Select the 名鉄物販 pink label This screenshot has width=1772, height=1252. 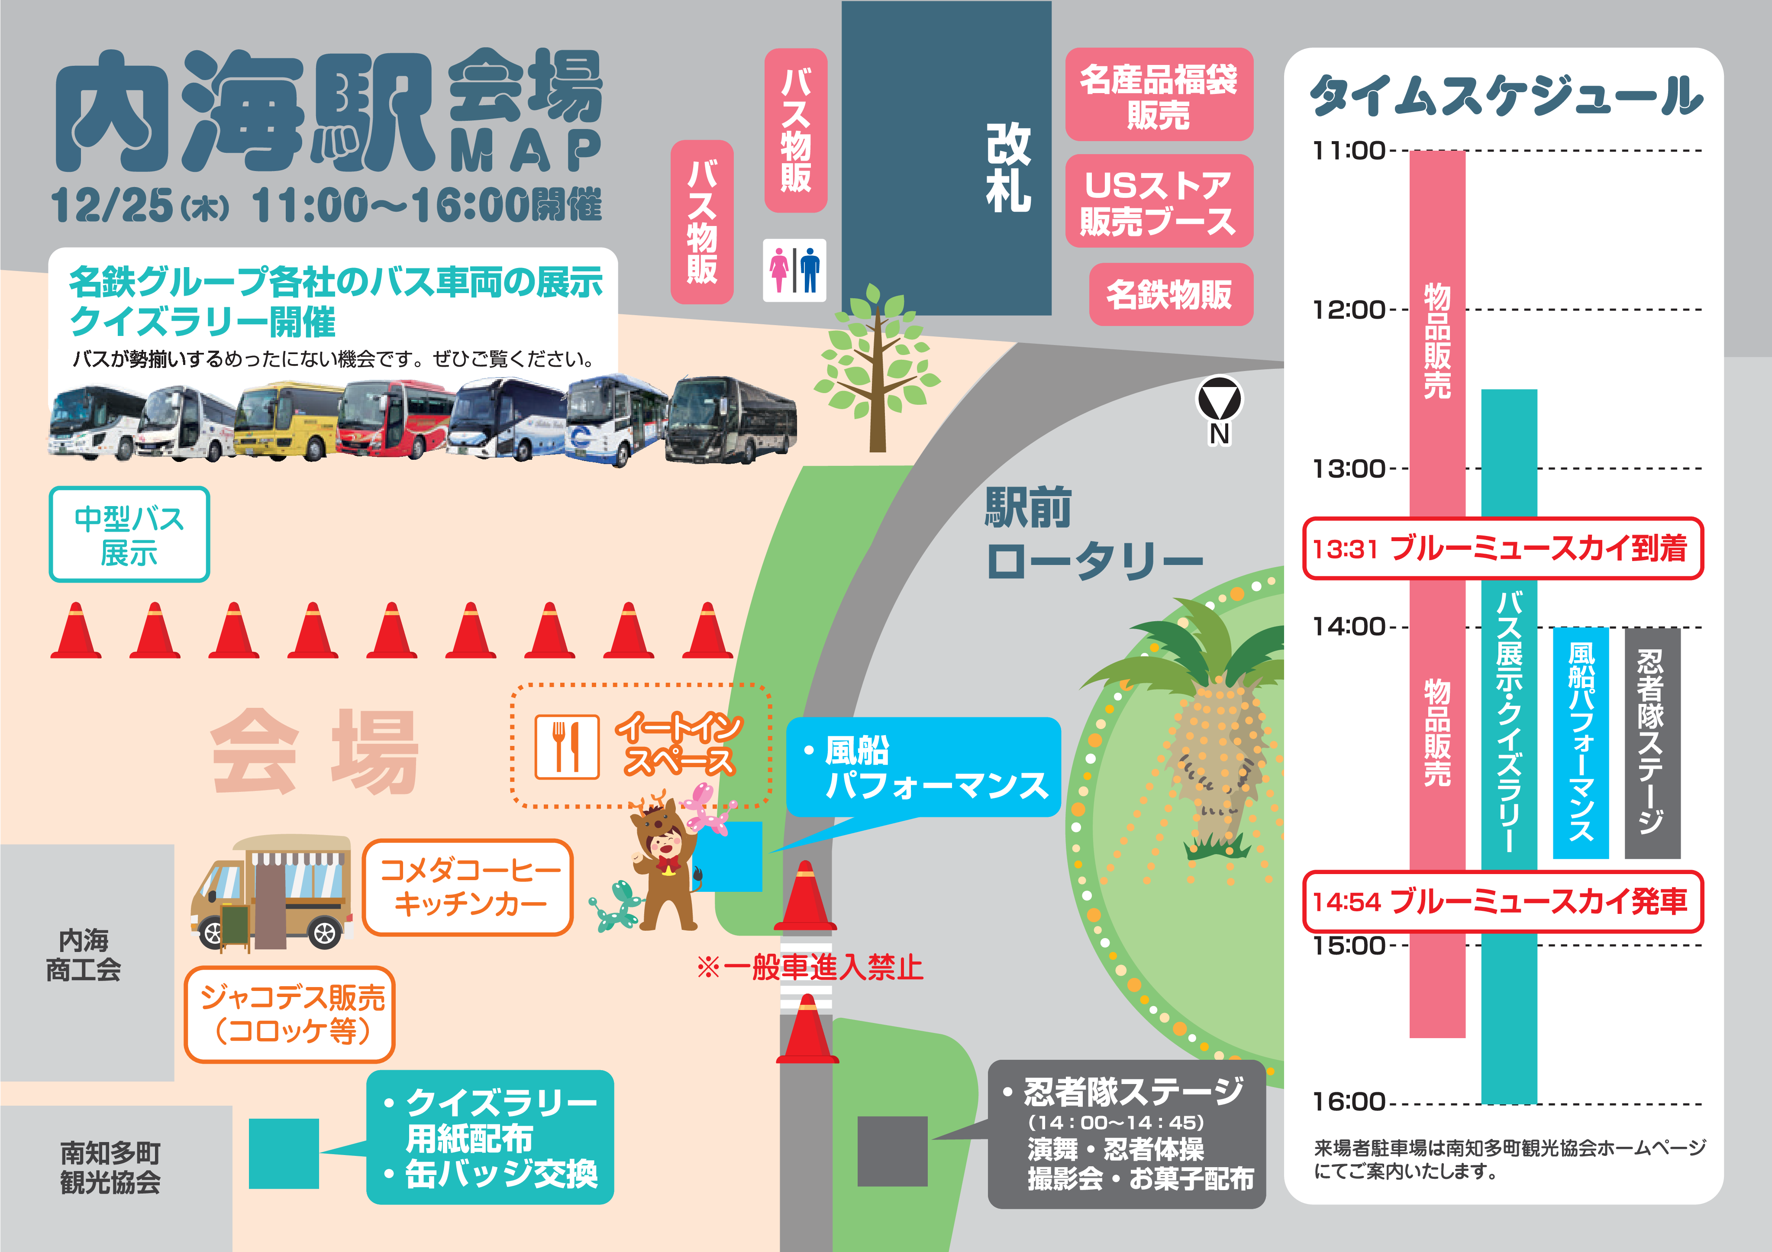(1170, 294)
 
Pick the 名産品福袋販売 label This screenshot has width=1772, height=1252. (1159, 94)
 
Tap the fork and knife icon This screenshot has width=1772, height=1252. (567, 746)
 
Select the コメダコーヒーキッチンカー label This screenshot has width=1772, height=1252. (468, 887)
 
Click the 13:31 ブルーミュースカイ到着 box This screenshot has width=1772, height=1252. (1502, 548)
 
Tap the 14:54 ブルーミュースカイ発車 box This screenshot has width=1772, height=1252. (1502, 901)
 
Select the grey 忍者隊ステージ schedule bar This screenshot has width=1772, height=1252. (1652, 742)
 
